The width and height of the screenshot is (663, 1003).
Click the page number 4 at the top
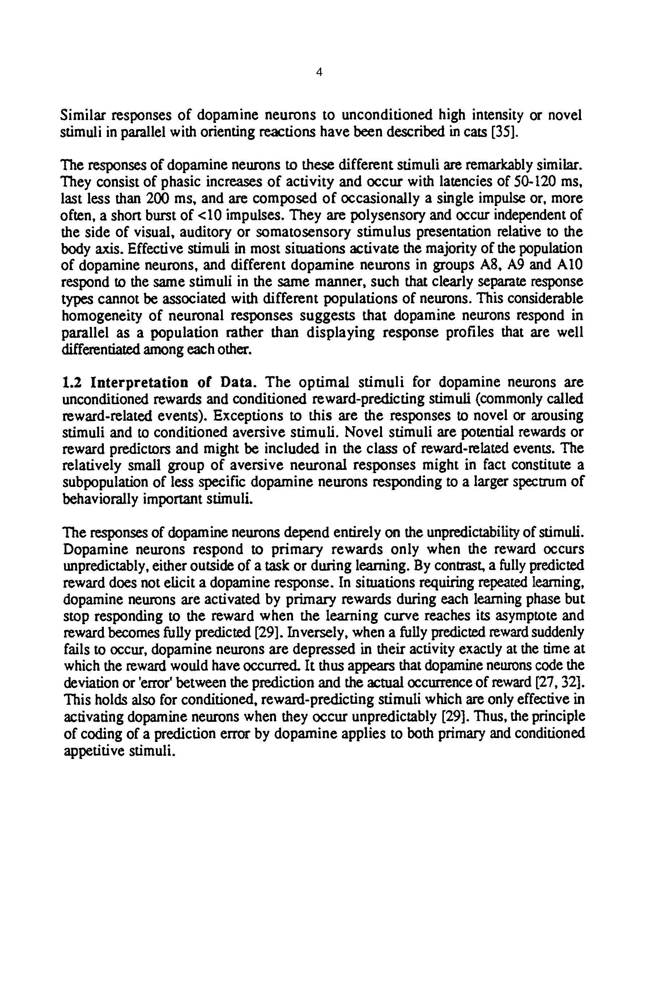click(319, 73)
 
